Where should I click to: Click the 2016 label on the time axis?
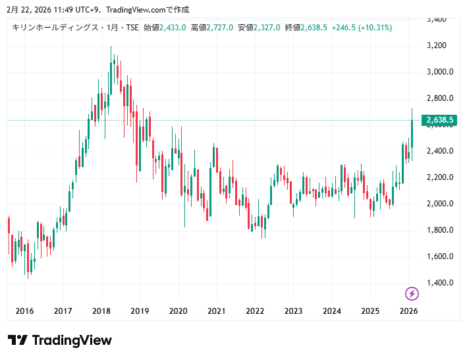pyautogui.click(x=24, y=311)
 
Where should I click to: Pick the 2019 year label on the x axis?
pyautogui.click(x=140, y=311)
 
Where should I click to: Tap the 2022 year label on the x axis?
pyautogui.click(x=255, y=311)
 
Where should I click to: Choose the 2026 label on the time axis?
pyautogui.click(x=409, y=311)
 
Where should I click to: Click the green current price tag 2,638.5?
pyautogui.click(x=441, y=120)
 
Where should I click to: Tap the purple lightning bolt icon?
pyautogui.click(x=412, y=293)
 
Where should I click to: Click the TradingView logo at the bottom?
pyautogui.click(x=60, y=340)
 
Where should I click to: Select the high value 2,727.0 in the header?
pyautogui.click(x=220, y=28)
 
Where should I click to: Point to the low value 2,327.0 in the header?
pyautogui.click(x=267, y=28)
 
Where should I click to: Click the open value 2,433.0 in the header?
pyautogui.click(x=173, y=28)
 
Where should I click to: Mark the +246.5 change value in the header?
pyautogui.click(x=343, y=28)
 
